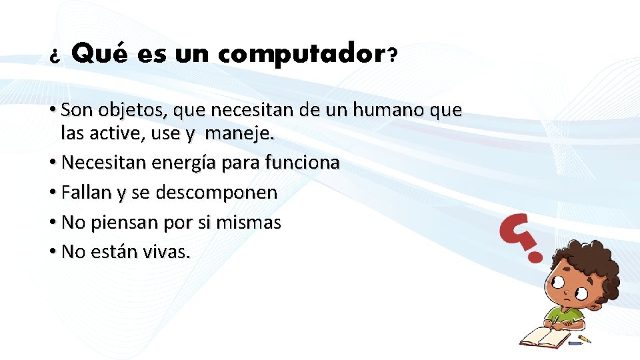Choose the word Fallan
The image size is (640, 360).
[87, 193]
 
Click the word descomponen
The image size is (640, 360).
[216, 193]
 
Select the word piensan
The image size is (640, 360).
[120, 223]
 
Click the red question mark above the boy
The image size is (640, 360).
[524, 236]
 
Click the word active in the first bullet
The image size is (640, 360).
[123, 133]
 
